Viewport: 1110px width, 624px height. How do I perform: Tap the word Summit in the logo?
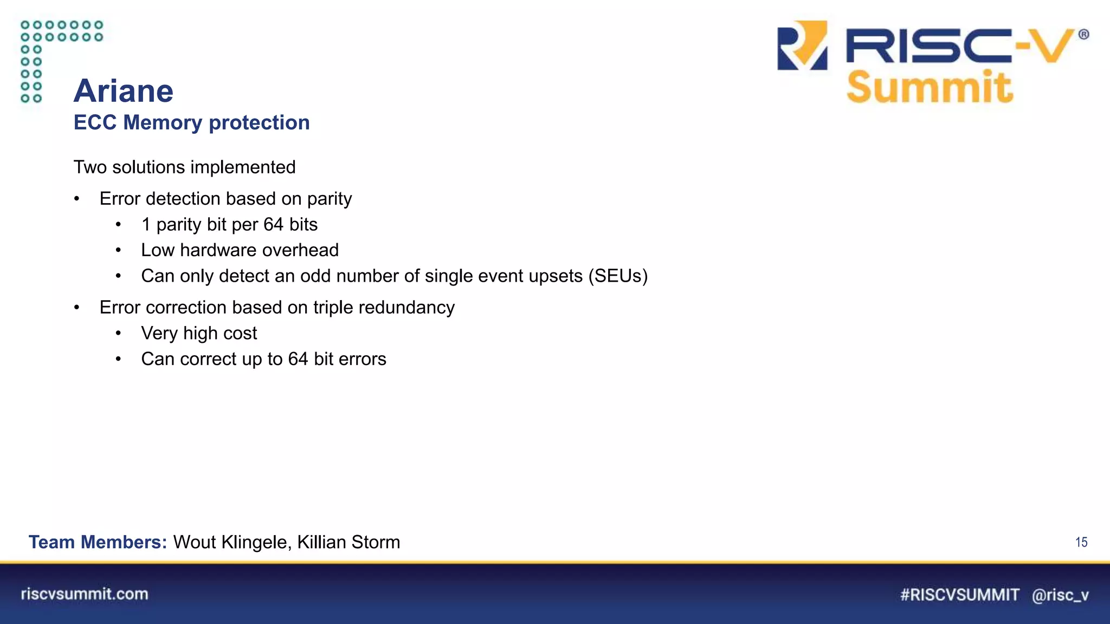[930, 87]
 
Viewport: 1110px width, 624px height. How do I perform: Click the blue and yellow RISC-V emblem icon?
[803, 45]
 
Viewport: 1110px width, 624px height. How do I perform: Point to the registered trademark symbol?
[1083, 35]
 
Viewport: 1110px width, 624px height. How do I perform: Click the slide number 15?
[1081, 542]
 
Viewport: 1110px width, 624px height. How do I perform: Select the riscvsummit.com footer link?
[85, 594]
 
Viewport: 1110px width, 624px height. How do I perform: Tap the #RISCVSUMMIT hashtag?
[959, 595]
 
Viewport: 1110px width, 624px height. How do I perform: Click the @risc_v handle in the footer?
[1060, 595]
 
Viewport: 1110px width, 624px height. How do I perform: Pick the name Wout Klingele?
[232, 542]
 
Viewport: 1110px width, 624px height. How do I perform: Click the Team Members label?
[98, 542]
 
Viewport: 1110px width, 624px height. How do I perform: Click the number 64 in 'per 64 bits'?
[274, 225]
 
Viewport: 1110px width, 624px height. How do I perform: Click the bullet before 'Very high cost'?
[118, 334]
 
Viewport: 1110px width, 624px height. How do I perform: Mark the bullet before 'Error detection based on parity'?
[77, 199]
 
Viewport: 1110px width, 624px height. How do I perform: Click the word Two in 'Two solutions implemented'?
[90, 167]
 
